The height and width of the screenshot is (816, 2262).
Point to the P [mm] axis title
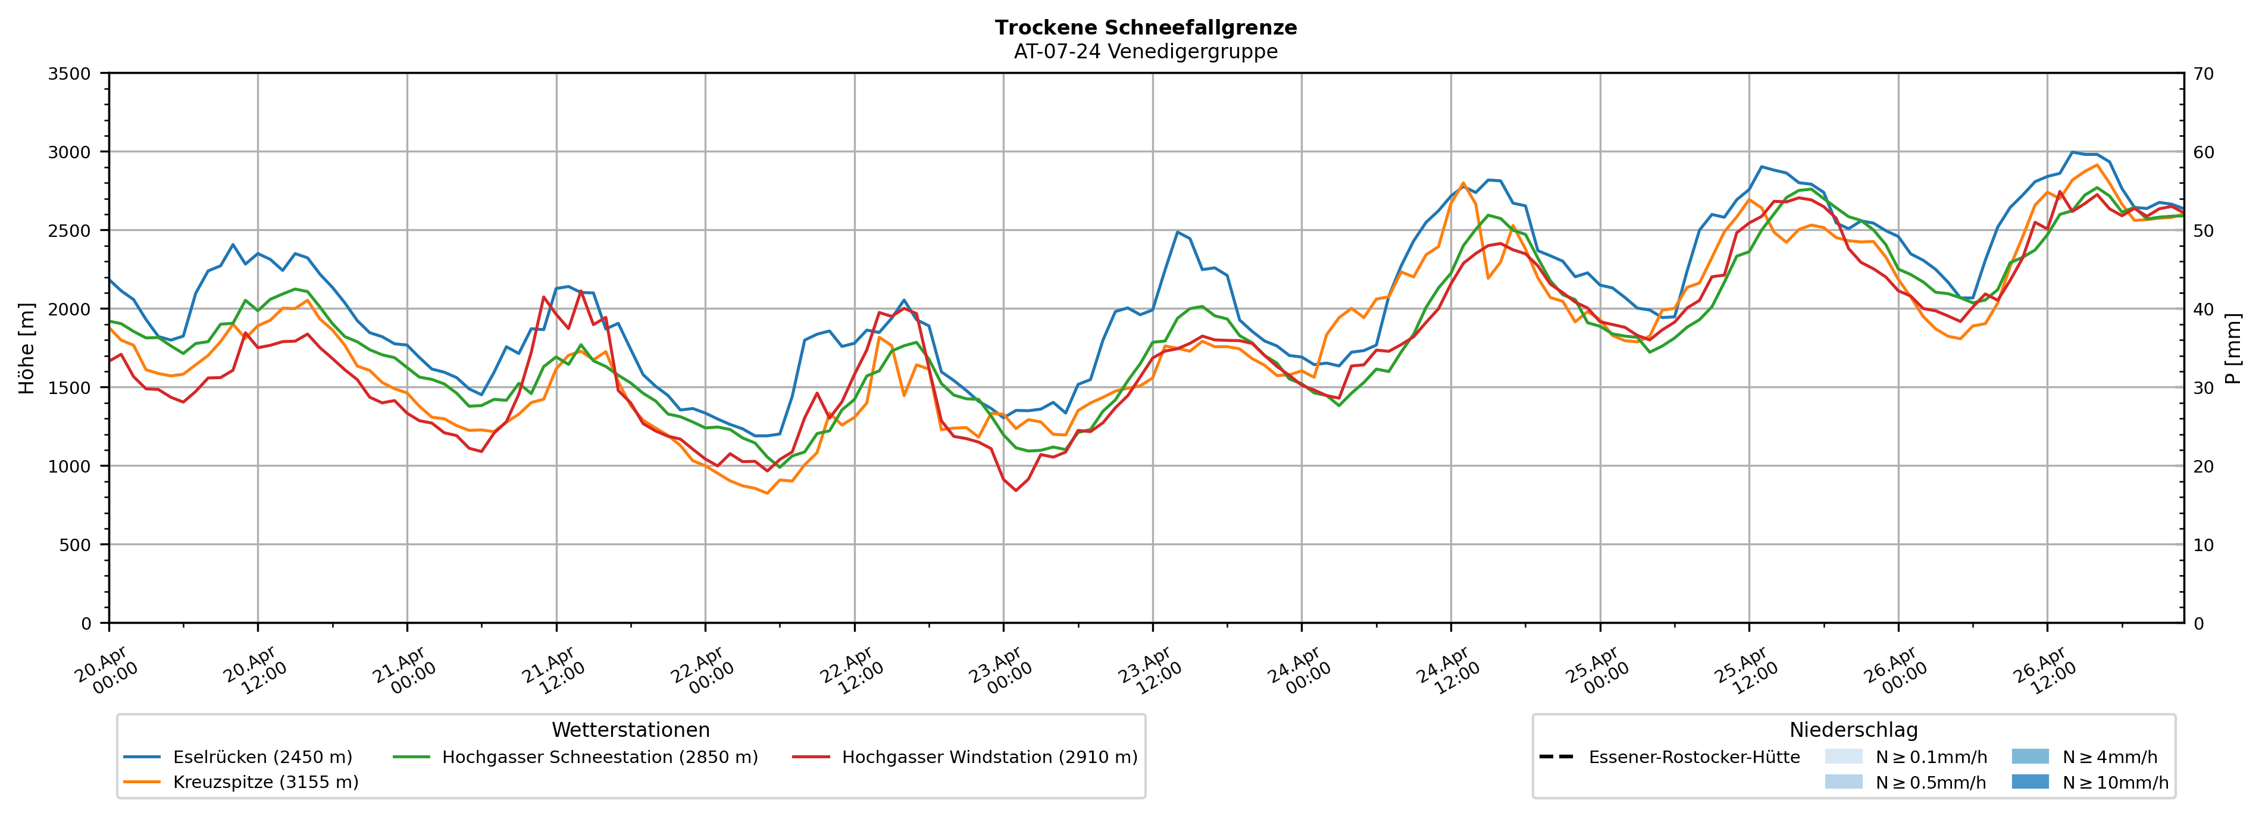click(2233, 348)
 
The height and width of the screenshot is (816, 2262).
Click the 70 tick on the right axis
click(2203, 74)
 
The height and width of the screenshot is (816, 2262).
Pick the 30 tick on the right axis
click(2203, 387)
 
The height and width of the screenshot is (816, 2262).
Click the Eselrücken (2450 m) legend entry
click(262, 757)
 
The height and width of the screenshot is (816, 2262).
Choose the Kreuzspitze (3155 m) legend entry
click(265, 781)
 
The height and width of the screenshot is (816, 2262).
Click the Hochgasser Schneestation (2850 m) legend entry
click(599, 757)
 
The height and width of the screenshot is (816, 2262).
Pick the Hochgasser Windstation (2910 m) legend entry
click(988, 757)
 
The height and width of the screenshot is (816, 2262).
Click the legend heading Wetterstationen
click(630, 730)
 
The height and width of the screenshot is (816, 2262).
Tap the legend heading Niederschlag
click(1853, 730)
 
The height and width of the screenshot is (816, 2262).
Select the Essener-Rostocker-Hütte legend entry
click(1693, 757)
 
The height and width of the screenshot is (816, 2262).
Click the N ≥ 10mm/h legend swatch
click(2029, 781)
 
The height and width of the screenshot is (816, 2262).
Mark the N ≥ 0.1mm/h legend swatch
click(1843, 757)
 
